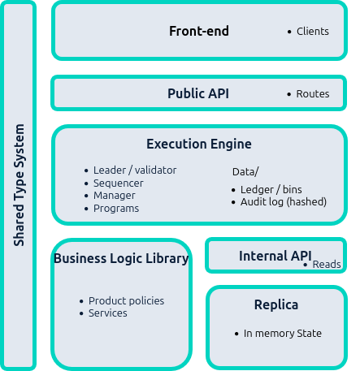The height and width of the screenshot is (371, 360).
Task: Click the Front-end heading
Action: pos(199,32)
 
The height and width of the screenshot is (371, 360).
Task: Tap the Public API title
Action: pos(198,94)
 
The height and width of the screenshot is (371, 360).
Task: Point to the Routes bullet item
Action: pos(312,94)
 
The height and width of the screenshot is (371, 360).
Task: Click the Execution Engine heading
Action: pos(199,145)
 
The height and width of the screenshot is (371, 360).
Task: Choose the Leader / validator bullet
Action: pos(134,170)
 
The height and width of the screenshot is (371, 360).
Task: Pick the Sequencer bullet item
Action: pos(118,183)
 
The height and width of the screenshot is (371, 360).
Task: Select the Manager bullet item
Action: pos(114,196)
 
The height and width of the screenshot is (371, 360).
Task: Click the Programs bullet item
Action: pos(115,209)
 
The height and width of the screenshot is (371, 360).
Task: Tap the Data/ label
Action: pos(245,172)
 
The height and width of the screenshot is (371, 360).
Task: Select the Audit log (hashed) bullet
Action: pos(283,202)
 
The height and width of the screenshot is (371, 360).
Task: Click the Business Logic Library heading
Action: pos(121,259)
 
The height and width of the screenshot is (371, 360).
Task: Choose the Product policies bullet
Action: pos(126,301)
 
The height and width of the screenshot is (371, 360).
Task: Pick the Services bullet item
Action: pos(107,313)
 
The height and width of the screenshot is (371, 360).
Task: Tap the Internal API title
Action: pos(275,257)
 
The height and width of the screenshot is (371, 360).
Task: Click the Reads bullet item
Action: pos(326,265)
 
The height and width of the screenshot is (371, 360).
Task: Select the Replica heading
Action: pos(275,305)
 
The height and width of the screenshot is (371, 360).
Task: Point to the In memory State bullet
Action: pos(282,334)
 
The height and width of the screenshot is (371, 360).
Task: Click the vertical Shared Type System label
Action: pos(20,186)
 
